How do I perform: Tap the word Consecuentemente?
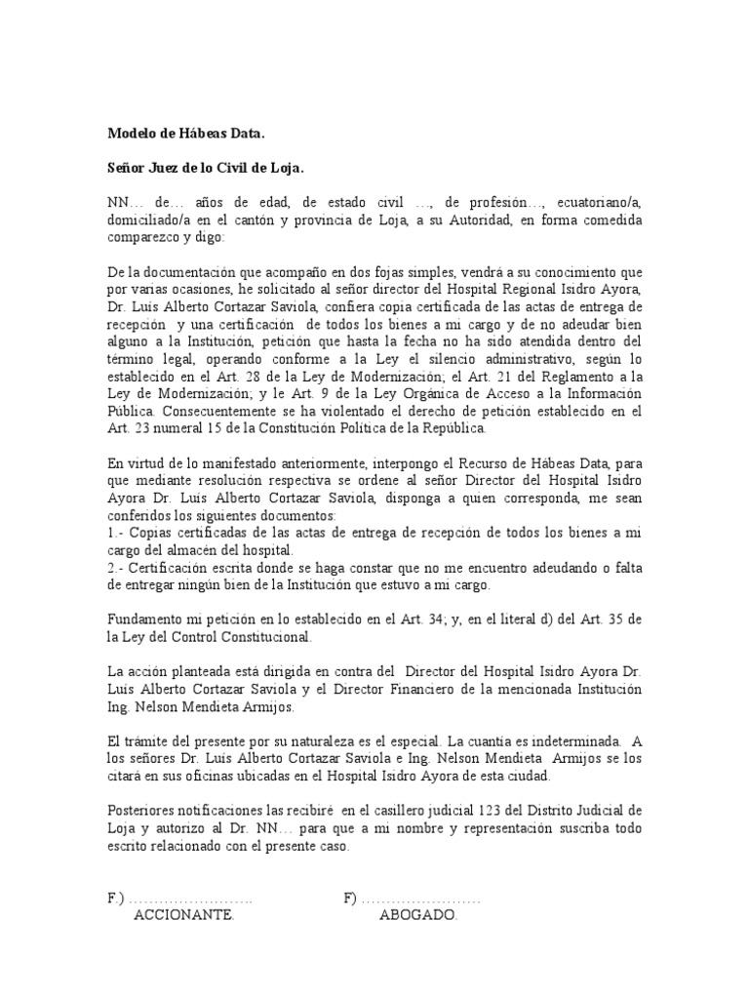[168, 411]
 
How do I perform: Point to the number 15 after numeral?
[217, 428]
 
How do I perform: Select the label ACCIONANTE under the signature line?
[183, 916]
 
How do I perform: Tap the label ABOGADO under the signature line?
[417, 916]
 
